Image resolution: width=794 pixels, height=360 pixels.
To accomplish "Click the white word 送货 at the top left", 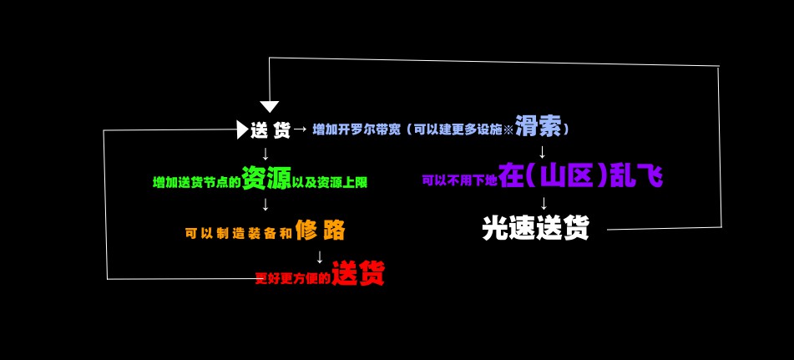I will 270,130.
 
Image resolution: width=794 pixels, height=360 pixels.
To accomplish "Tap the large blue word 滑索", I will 538,126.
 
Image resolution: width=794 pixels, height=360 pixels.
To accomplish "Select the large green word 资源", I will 266,180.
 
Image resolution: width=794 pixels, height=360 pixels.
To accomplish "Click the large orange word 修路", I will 319,231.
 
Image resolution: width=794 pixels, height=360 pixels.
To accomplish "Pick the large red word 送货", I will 358,274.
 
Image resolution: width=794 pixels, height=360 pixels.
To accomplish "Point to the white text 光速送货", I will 535,228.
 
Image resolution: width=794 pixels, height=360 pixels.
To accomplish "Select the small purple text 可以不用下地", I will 459,180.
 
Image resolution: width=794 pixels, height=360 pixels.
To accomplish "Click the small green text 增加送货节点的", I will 197,182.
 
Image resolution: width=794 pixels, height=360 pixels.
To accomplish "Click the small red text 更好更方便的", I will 293,278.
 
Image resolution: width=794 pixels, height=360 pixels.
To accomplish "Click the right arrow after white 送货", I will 301,130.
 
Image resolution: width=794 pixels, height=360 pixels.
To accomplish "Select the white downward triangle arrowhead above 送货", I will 269,106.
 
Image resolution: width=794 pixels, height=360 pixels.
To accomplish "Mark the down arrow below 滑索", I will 542,152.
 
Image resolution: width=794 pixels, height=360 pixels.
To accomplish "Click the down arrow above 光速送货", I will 544,203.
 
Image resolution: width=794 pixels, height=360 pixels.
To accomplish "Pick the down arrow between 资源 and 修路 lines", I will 266,205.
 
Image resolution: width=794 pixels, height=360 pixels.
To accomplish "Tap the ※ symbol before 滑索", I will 508,130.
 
